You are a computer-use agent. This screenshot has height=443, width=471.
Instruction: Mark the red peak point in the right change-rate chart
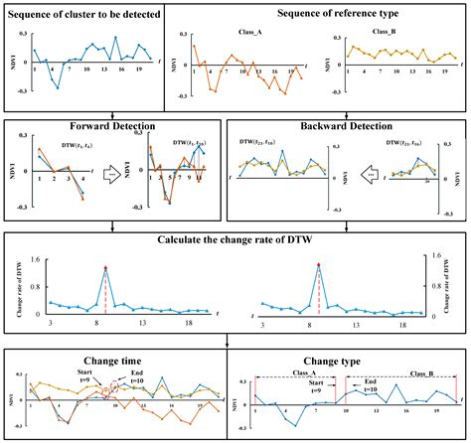tap(318, 266)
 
